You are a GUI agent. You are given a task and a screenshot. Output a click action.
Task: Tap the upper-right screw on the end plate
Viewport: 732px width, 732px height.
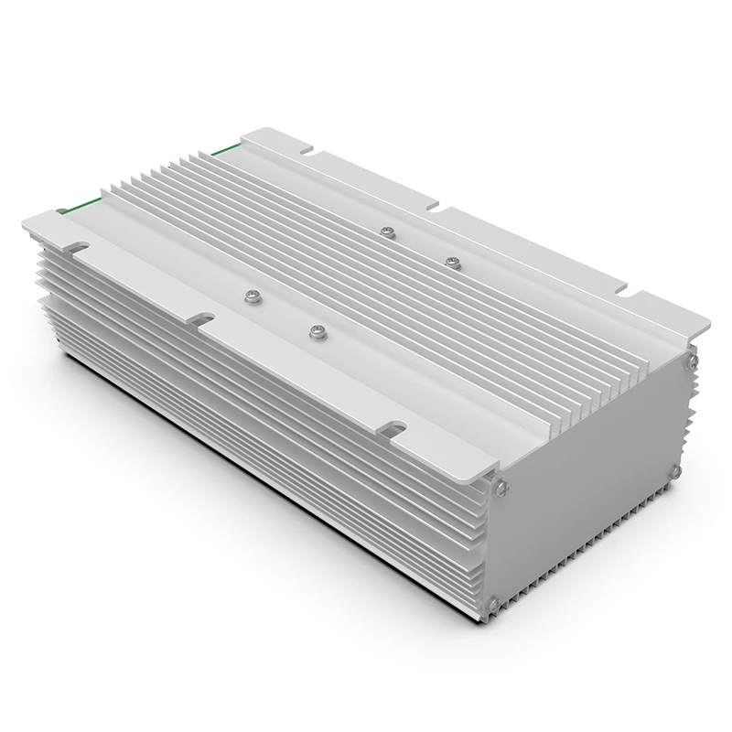pos(693,363)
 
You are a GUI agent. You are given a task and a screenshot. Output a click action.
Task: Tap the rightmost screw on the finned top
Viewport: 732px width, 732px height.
pos(450,262)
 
